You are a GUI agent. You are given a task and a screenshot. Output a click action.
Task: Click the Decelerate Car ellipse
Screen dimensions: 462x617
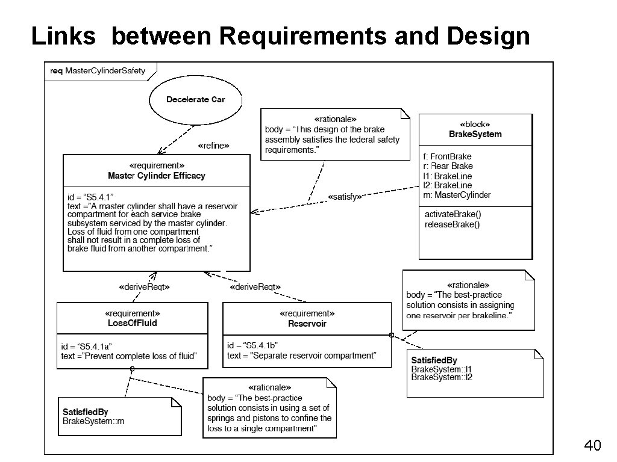tap(195, 100)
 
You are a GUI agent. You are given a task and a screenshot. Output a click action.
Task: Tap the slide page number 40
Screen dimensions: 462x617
tap(592, 446)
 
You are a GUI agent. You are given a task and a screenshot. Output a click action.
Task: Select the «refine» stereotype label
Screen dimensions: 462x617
tap(213, 146)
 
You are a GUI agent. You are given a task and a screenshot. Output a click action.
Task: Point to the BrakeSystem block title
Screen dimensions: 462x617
tap(475, 134)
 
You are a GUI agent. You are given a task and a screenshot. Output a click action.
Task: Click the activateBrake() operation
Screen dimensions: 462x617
tap(453, 214)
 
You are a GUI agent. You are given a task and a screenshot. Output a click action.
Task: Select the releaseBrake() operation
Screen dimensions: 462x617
tap(452, 225)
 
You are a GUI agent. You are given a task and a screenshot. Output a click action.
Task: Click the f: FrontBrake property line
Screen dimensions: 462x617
tap(447, 156)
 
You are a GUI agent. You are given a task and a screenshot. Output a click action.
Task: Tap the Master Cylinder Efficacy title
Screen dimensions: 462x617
tap(157, 176)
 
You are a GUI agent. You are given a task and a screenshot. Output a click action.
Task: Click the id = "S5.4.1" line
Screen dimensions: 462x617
tap(91, 197)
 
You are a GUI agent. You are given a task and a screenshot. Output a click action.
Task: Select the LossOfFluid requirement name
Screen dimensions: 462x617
tap(133, 323)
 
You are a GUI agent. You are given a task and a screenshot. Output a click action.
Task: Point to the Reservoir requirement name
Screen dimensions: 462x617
tap(307, 324)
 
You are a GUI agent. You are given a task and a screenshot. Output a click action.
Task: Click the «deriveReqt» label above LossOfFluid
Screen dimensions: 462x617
tap(145, 288)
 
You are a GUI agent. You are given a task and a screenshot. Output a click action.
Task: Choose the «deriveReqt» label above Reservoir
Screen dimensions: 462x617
tap(255, 288)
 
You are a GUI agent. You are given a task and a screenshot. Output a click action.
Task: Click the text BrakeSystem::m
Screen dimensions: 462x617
tap(93, 421)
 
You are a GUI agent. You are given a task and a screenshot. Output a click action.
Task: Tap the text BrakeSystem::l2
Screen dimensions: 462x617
tap(442, 377)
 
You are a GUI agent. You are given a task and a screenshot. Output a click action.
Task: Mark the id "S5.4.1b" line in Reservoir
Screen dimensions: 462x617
tap(252, 345)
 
